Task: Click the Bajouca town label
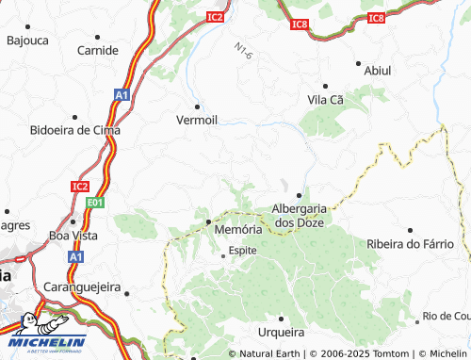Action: [27, 41]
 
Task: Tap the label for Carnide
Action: [97, 50]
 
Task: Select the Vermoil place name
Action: [198, 120]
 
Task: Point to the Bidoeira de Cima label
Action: [75, 130]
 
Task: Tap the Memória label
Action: [237, 229]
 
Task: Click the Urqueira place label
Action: [281, 332]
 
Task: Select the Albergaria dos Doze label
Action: [300, 215]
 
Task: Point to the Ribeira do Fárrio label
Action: [409, 244]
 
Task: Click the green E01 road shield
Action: [91, 202]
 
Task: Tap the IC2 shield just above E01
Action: [79, 187]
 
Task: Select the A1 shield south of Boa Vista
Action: [75, 256]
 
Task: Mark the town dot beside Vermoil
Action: [198, 104]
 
